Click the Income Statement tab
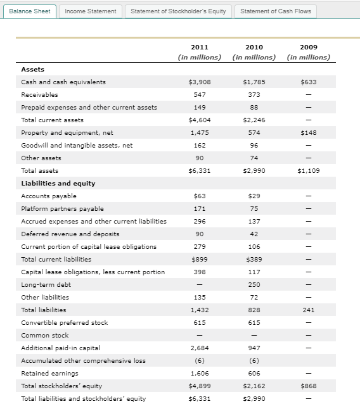(x=91, y=11)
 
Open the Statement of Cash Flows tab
(x=276, y=11)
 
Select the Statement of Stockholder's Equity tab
(x=178, y=11)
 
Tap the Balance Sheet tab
(x=30, y=11)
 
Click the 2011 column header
(x=200, y=47)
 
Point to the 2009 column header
(x=308, y=47)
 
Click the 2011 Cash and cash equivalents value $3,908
(x=200, y=82)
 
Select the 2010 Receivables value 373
(x=254, y=95)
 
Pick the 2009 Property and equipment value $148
(x=308, y=133)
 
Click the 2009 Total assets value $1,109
(x=308, y=171)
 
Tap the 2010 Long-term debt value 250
(x=254, y=285)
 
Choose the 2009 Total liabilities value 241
(x=308, y=310)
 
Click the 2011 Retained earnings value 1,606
(x=200, y=374)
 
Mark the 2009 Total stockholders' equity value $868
(x=308, y=386)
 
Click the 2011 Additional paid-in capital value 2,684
(x=200, y=348)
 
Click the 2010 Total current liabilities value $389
(x=254, y=260)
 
